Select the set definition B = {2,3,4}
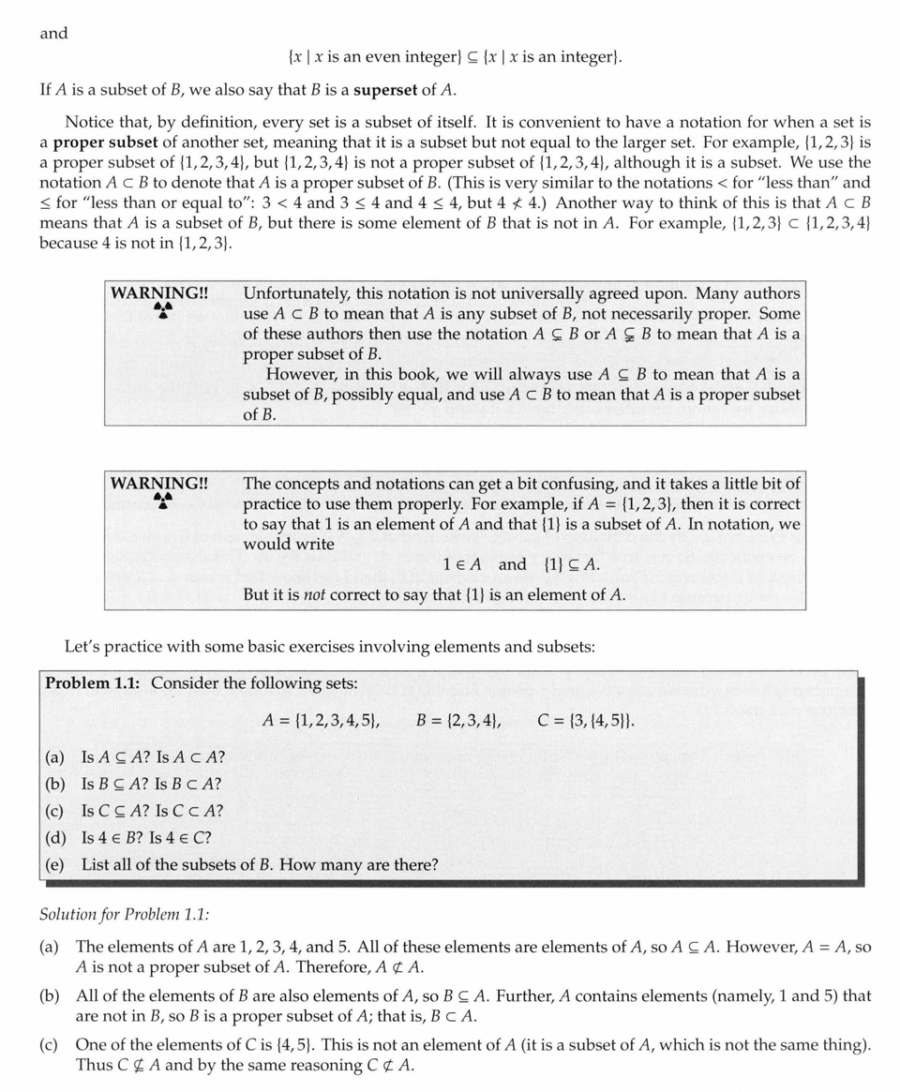[x=458, y=721]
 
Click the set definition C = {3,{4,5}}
[x=587, y=721]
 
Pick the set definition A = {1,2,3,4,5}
[x=322, y=721]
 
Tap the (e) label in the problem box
[x=54, y=865]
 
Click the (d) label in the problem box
[x=54, y=838]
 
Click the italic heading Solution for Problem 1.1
[x=117, y=914]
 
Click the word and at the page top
[x=53, y=34]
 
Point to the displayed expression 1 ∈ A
[x=462, y=564]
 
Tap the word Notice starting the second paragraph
[x=89, y=122]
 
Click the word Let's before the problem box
[x=82, y=646]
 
